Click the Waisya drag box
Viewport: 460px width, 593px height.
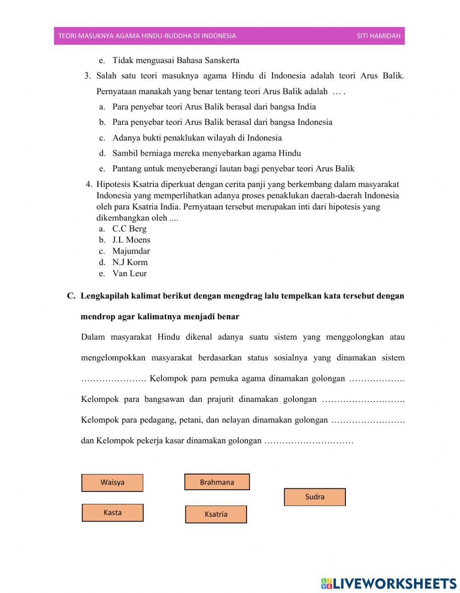112,483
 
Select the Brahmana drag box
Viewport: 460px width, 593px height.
217,482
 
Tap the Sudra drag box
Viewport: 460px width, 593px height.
315,497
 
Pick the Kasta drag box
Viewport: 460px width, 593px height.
112,513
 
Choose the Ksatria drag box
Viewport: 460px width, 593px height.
216,514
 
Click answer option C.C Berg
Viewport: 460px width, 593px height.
129,229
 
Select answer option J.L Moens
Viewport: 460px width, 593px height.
131,240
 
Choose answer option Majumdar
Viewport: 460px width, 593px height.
131,251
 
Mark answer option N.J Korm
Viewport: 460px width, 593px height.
130,262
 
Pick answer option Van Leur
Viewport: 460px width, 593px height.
129,273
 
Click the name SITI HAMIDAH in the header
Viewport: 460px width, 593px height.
379,36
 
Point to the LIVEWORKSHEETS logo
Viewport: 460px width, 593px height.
389,583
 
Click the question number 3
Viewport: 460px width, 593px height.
87,76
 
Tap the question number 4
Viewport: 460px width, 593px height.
89,184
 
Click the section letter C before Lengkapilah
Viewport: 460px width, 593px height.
71,296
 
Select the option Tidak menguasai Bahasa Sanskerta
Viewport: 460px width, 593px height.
176,60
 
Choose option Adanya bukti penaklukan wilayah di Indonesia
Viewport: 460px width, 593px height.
197,138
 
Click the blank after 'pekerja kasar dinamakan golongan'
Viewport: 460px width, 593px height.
309,441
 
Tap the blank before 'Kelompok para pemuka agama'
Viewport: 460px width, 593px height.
113,379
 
